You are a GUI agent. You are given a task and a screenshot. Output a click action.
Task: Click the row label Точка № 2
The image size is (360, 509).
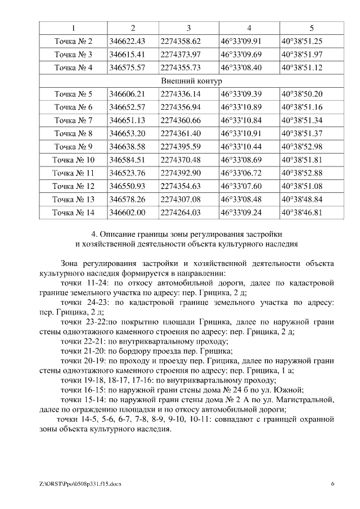coord(73,41)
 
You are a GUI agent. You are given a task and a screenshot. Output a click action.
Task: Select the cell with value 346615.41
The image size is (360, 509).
coord(127,54)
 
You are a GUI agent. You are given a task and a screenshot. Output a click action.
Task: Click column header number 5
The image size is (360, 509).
coord(311,28)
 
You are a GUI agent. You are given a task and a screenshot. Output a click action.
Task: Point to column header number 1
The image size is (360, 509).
coord(73,28)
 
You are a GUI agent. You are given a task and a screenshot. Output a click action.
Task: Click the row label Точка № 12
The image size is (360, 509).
coord(73,186)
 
